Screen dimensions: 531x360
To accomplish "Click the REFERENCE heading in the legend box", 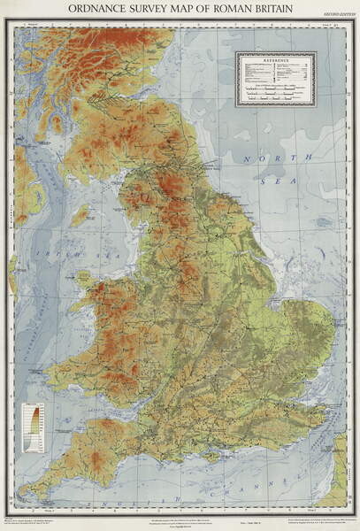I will [x=275, y=59].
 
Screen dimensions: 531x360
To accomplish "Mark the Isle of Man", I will [x=80, y=215].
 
